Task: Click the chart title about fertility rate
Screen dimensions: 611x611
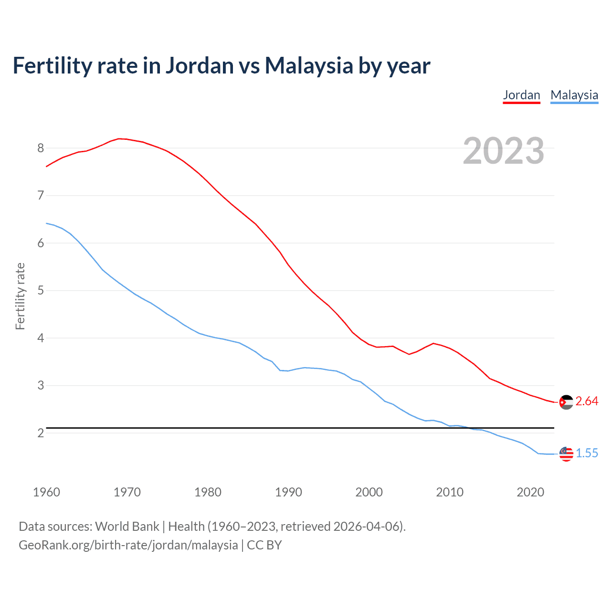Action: point(221,66)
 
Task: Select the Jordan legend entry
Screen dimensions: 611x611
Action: point(521,95)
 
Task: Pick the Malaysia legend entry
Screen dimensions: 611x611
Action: point(574,95)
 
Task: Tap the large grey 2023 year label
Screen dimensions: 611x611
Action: point(503,151)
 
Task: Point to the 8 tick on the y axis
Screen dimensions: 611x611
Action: point(41,148)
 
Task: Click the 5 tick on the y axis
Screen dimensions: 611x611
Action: point(41,290)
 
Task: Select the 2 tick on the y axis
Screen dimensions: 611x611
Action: point(41,433)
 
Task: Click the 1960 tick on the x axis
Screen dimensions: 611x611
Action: point(46,492)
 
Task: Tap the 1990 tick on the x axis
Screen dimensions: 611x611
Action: point(288,492)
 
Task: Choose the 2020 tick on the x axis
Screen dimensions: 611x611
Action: point(530,492)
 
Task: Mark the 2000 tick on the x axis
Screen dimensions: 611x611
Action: point(369,492)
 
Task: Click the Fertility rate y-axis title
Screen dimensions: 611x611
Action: point(20,296)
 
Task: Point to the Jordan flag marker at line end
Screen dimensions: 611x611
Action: point(566,402)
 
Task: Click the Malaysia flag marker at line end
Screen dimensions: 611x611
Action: point(566,454)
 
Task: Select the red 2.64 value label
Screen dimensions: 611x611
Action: point(587,401)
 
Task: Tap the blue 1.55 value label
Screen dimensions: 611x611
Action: point(587,453)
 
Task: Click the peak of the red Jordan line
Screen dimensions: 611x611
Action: point(119,138)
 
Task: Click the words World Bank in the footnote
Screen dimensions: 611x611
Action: point(127,527)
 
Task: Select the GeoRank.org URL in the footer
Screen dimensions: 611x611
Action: point(128,545)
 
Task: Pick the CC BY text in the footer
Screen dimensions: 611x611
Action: point(264,545)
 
